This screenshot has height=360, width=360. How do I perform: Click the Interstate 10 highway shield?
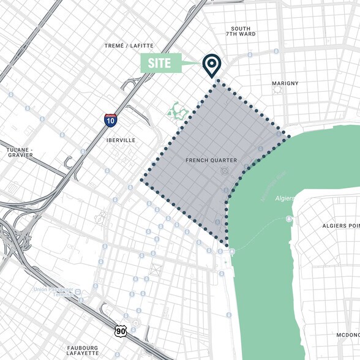110,120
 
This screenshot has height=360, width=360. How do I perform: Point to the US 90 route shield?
120,331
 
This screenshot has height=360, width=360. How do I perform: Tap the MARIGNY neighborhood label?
285,83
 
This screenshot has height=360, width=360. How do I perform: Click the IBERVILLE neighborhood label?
119,140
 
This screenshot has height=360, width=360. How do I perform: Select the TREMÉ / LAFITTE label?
130,45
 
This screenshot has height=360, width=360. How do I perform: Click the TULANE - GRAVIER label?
20,152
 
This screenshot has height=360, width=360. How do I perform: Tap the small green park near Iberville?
178,111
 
